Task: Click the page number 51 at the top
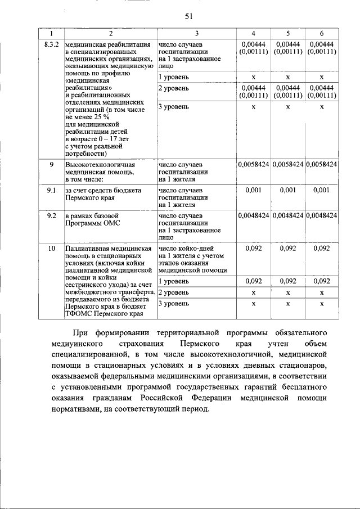coord(189,16)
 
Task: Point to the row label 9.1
coord(51,191)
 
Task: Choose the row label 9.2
coord(51,215)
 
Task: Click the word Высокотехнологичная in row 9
coord(100,165)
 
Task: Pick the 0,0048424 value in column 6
coord(321,215)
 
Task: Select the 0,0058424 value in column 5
coord(287,164)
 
